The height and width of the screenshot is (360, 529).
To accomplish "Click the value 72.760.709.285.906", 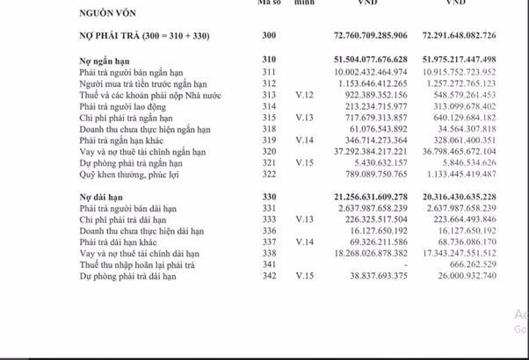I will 384,35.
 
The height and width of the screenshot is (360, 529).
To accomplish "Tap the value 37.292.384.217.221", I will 384,151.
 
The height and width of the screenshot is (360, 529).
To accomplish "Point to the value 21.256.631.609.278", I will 384,198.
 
